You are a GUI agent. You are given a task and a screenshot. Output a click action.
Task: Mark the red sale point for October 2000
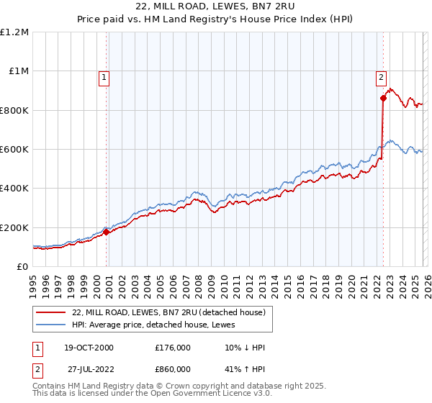coord(106,232)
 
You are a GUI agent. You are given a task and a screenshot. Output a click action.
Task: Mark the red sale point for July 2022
coord(383,99)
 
